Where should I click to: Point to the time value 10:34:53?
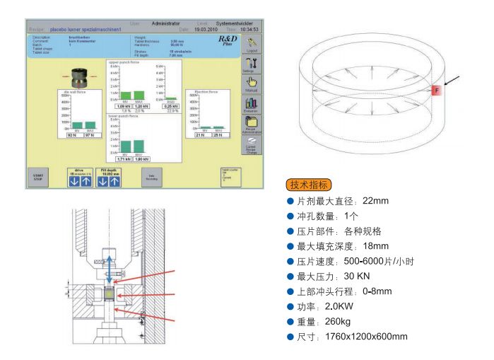coord(249,29)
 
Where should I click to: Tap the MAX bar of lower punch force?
coord(140,146)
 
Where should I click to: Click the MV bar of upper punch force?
coord(125,95)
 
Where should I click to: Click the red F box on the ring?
coord(436,90)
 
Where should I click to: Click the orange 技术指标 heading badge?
coord(306,185)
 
